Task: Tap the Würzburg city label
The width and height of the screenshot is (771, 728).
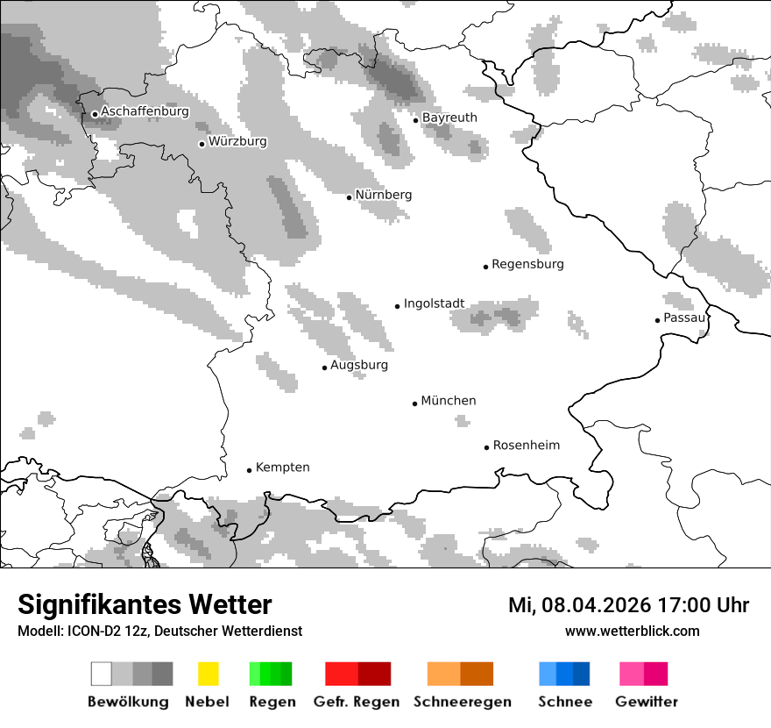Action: [x=237, y=141]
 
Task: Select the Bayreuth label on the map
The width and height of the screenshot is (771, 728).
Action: [x=449, y=118]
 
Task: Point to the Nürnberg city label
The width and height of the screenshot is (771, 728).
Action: [x=383, y=195]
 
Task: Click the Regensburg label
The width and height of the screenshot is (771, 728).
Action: [x=527, y=264]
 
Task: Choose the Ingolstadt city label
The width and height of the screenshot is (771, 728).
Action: [x=434, y=303]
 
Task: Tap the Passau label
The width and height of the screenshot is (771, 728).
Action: [x=684, y=318]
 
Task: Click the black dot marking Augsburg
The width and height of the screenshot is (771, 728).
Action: [x=324, y=368]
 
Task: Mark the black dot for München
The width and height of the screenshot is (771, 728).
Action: [x=415, y=403]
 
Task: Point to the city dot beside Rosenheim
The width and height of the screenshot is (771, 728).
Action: [x=487, y=447]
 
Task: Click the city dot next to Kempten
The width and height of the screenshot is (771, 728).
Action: [x=250, y=470]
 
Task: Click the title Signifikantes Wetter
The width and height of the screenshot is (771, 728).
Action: [x=145, y=604]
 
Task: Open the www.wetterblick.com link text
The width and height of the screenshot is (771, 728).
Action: [x=632, y=631]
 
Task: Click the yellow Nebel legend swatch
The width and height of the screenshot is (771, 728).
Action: [x=208, y=674]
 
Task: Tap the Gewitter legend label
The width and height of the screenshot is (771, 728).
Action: [x=647, y=702]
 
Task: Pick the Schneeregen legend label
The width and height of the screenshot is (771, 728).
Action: [x=462, y=702]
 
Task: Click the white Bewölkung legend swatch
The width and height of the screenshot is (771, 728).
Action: [x=101, y=674]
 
